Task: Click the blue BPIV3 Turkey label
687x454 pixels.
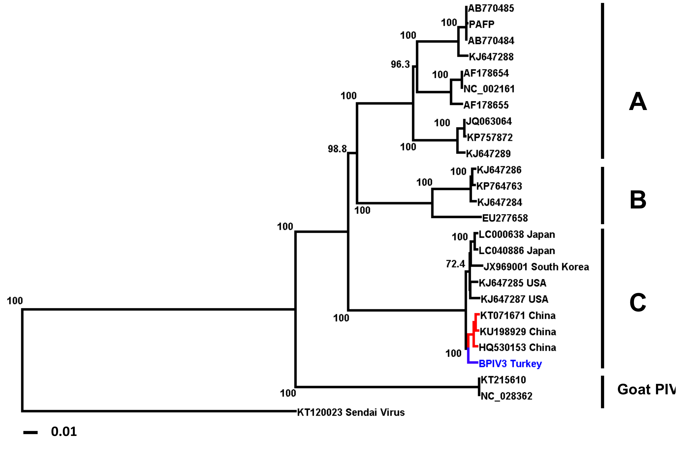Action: (x=510, y=363)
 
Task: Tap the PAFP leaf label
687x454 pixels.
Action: (x=481, y=24)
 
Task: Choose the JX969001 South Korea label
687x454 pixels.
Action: (x=536, y=267)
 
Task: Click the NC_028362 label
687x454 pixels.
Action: (x=506, y=396)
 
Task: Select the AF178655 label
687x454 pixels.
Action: (x=486, y=105)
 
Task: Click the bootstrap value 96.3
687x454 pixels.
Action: (x=400, y=64)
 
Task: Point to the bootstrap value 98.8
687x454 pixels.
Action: (x=337, y=149)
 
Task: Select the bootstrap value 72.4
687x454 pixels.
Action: (x=455, y=264)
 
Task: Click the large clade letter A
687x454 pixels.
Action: (x=638, y=102)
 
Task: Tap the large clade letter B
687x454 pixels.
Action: (x=638, y=200)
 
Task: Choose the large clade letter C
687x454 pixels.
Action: (x=638, y=303)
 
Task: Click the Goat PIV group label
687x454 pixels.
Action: (x=646, y=390)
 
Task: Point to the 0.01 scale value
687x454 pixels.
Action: (x=64, y=432)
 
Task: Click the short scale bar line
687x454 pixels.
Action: (x=31, y=433)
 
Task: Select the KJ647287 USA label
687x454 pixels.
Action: (x=514, y=299)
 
